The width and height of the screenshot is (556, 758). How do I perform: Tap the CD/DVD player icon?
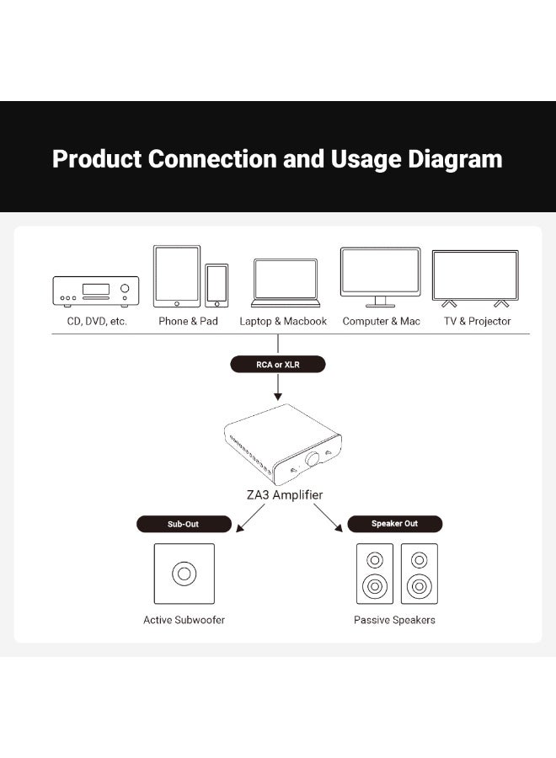[96, 291]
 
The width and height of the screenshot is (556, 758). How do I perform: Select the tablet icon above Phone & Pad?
[177, 276]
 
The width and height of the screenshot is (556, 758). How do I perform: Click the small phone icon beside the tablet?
[217, 286]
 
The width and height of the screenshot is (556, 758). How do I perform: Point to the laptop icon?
[286, 283]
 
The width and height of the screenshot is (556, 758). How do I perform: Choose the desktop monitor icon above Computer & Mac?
[381, 277]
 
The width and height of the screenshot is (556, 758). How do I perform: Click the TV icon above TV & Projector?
[475, 279]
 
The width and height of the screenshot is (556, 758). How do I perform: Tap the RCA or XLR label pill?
[277, 364]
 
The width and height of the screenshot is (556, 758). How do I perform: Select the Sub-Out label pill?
[184, 524]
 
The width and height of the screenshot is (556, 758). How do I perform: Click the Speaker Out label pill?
[394, 524]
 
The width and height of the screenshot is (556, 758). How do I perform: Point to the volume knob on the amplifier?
[313, 459]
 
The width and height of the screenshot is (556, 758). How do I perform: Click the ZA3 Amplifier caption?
[284, 494]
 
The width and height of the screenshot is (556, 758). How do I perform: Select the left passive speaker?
[375, 574]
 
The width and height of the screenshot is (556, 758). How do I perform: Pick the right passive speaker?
[420, 574]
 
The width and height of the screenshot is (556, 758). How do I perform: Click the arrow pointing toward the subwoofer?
[250, 518]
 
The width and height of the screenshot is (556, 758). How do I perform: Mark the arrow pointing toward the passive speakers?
[328, 518]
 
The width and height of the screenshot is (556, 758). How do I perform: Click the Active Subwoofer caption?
[184, 620]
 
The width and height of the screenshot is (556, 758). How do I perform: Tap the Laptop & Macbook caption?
[283, 322]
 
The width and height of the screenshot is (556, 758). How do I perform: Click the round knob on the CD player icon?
[125, 288]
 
